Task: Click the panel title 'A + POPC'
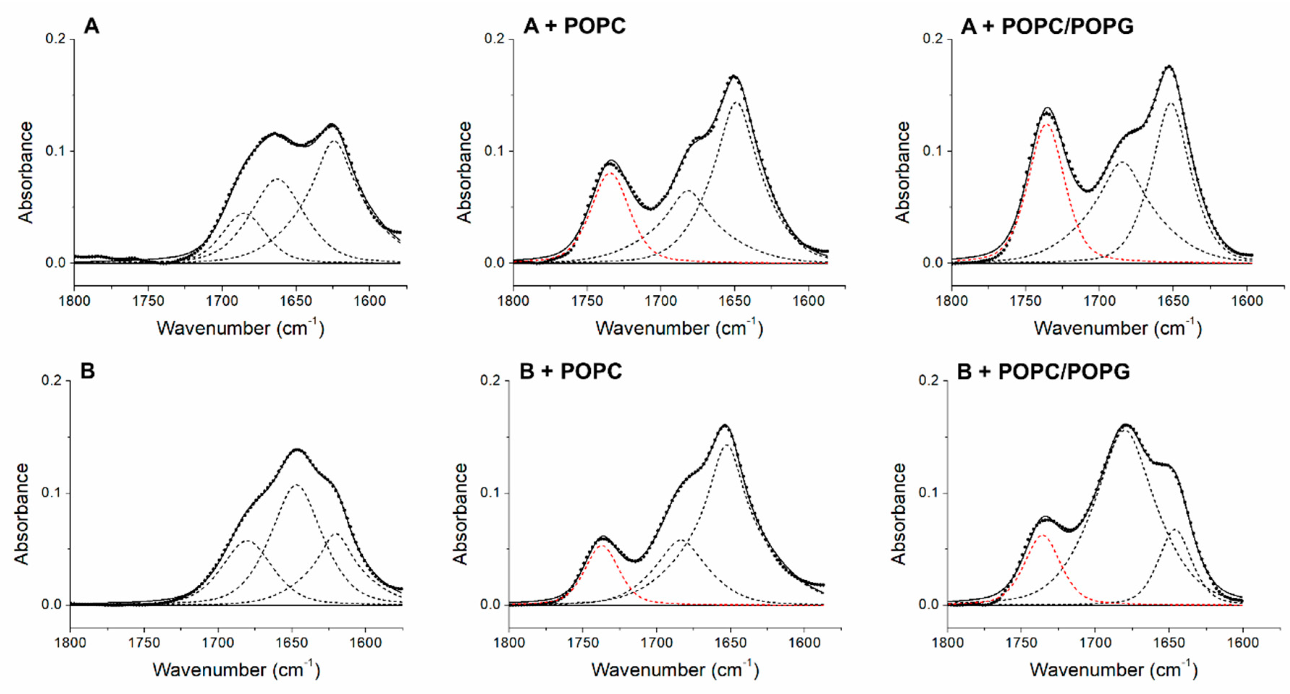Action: pyautogui.click(x=574, y=26)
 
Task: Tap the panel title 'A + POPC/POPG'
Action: pyautogui.click(x=1047, y=26)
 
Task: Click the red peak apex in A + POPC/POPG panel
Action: pyautogui.click(x=1047, y=124)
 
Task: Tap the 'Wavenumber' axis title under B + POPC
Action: pyautogui.click(x=675, y=670)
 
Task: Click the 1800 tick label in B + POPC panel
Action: pyautogui.click(x=509, y=643)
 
